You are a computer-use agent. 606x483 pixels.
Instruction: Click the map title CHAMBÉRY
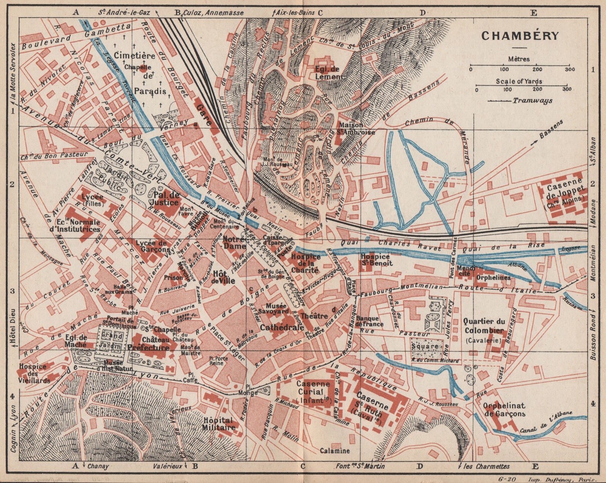520,36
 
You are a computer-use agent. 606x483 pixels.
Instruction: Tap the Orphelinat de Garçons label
504,410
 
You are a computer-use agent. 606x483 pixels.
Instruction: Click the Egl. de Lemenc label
329,73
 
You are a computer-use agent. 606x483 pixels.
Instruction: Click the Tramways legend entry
532,101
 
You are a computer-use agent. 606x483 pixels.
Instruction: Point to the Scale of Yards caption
519,81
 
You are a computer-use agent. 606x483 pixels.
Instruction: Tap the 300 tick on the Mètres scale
569,70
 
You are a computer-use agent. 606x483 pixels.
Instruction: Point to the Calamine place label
334,451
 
